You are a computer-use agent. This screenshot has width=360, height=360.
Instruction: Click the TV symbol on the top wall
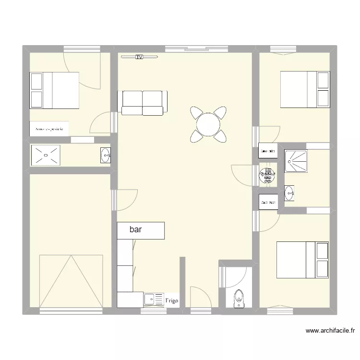click(139, 57)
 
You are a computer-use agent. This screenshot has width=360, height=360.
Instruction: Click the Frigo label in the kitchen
click(172, 301)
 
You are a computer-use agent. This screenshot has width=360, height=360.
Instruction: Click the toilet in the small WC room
click(239, 298)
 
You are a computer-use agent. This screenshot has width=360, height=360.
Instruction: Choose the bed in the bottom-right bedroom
click(302, 260)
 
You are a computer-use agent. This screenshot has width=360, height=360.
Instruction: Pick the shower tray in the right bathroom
click(296, 161)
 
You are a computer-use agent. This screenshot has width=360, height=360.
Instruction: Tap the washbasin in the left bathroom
click(106, 155)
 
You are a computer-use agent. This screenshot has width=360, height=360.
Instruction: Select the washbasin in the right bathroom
click(290, 193)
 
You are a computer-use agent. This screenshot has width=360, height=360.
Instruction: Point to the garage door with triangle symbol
click(71, 281)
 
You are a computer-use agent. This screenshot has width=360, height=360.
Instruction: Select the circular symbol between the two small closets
click(267, 176)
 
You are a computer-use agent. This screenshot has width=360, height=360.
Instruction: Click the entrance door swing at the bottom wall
click(198, 298)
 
